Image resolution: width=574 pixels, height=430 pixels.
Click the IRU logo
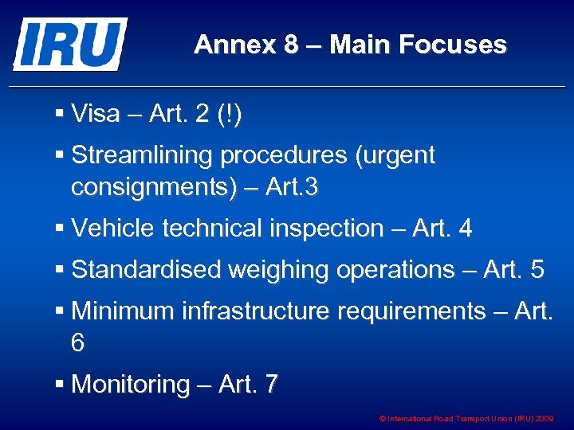69,44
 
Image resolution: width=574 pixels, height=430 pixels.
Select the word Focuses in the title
457,45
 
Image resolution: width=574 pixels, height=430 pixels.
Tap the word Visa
96,115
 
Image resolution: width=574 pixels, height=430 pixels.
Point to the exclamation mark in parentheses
231,115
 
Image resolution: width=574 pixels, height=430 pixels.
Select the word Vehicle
113,229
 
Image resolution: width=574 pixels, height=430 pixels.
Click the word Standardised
146,270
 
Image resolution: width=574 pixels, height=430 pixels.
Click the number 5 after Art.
537,270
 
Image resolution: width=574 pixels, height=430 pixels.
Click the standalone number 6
77,343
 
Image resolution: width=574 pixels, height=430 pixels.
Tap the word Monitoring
131,385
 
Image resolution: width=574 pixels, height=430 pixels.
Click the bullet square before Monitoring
61,385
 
